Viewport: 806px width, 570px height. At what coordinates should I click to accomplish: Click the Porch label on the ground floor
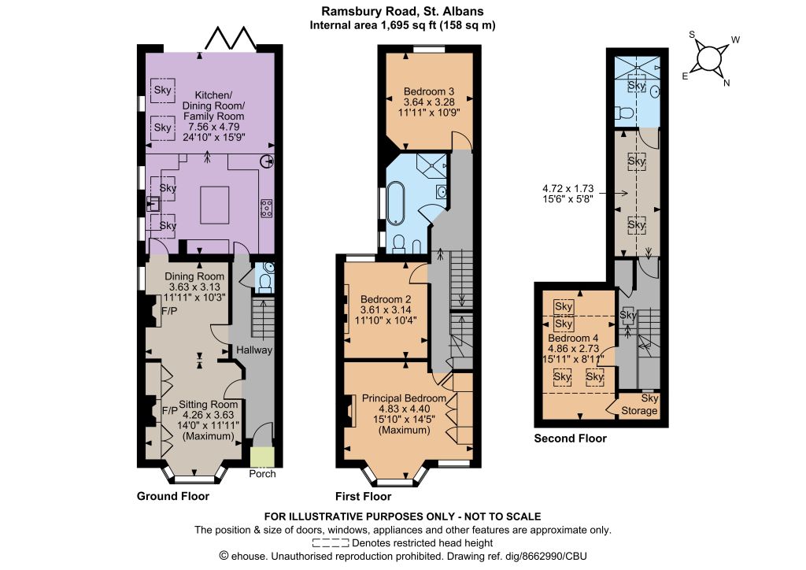pyautogui.click(x=262, y=474)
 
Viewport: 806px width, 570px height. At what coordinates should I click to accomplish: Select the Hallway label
pyautogui.click(x=254, y=350)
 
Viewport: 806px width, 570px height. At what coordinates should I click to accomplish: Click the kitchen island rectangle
pyautogui.click(x=215, y=205)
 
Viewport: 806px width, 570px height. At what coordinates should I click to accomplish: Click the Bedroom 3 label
pyautogui.click(x=429, y=91)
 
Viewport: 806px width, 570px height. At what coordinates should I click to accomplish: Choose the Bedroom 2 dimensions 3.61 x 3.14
pyautogui.click(x=386, y=310)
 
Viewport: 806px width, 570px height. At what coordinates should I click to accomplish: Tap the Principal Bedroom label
pyautogui.click(x=404, y=398)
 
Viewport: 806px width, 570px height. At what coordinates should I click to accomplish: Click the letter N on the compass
pyautogui.click(x=727, y=83)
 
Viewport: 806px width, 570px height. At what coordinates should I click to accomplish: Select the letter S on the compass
pyautogui.click(x=692, y=35)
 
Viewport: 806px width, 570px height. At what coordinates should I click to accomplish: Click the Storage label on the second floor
pyautogui.click(x=639, y=411)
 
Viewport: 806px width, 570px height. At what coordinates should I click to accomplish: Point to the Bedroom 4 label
pyautogui.click(x=573, y=339)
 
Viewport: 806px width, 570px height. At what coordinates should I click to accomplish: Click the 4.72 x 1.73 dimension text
pyautogui.click(x=568, y=189)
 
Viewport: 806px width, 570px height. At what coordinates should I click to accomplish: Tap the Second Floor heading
pyautogui.click(x=570, y=439)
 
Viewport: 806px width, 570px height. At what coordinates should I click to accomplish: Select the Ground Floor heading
pyautogui.click(x=172, y=496)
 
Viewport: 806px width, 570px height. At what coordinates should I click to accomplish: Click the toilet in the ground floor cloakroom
pyautogui.click(x=264, y=282)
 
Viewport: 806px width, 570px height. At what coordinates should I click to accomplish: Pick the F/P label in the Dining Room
pyautogui.click(x=169, y=311)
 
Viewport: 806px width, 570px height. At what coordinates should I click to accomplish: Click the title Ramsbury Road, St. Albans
pyautogui.click(x=402, y=11)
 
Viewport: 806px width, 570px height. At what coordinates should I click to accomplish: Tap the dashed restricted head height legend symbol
pyautogui.click(x=331, y=542)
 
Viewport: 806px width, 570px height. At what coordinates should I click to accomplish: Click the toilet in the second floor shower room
pyautogui.click(x=624, y=113)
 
